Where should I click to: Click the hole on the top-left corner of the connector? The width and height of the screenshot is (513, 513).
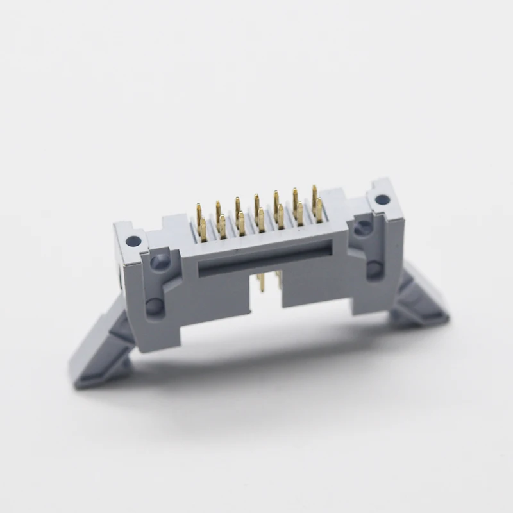133,242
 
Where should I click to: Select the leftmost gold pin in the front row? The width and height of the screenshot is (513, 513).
203,229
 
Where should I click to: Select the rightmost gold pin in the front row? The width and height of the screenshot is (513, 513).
319,210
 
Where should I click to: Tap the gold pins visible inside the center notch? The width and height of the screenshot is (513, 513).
269,282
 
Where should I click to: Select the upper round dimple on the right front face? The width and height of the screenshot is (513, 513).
364,226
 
